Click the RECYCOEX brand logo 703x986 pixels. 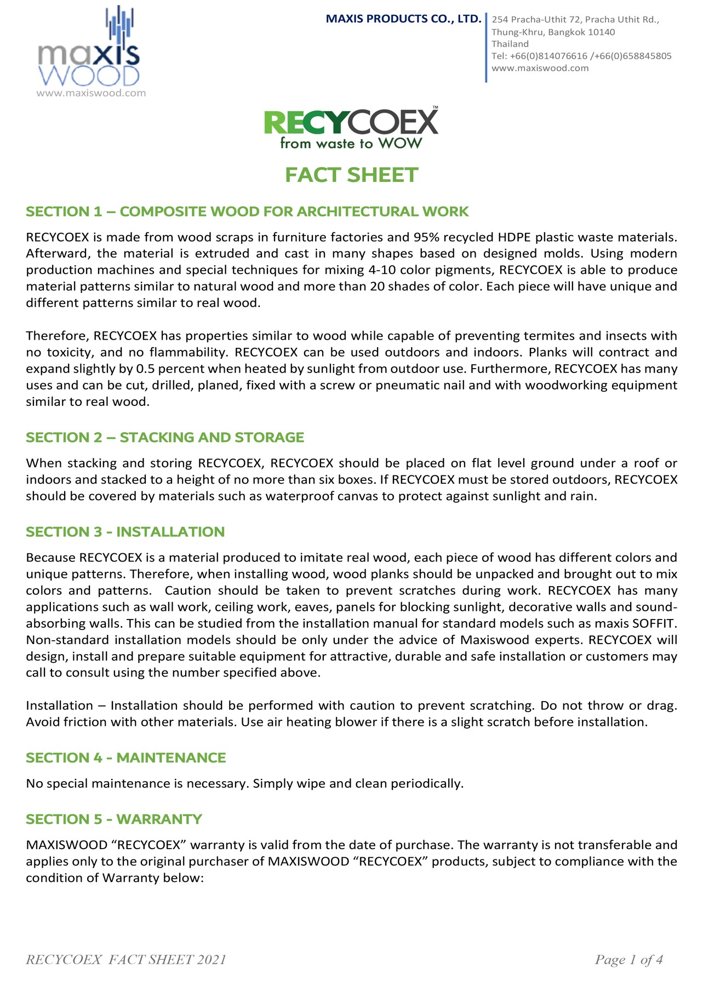click(351, 122)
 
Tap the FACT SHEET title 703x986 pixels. click(351, 175)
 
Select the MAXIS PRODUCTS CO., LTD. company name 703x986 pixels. click(403, 19)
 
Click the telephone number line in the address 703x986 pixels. click(581, 56)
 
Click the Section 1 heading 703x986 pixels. click(247, 211)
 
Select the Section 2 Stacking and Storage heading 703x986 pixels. click(165, 437)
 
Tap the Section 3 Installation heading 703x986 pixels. click(125, 531)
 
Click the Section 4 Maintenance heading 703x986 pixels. click(126, 758)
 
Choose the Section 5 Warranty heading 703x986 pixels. click(114, 819)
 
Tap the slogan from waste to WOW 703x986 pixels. click(351, 144)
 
